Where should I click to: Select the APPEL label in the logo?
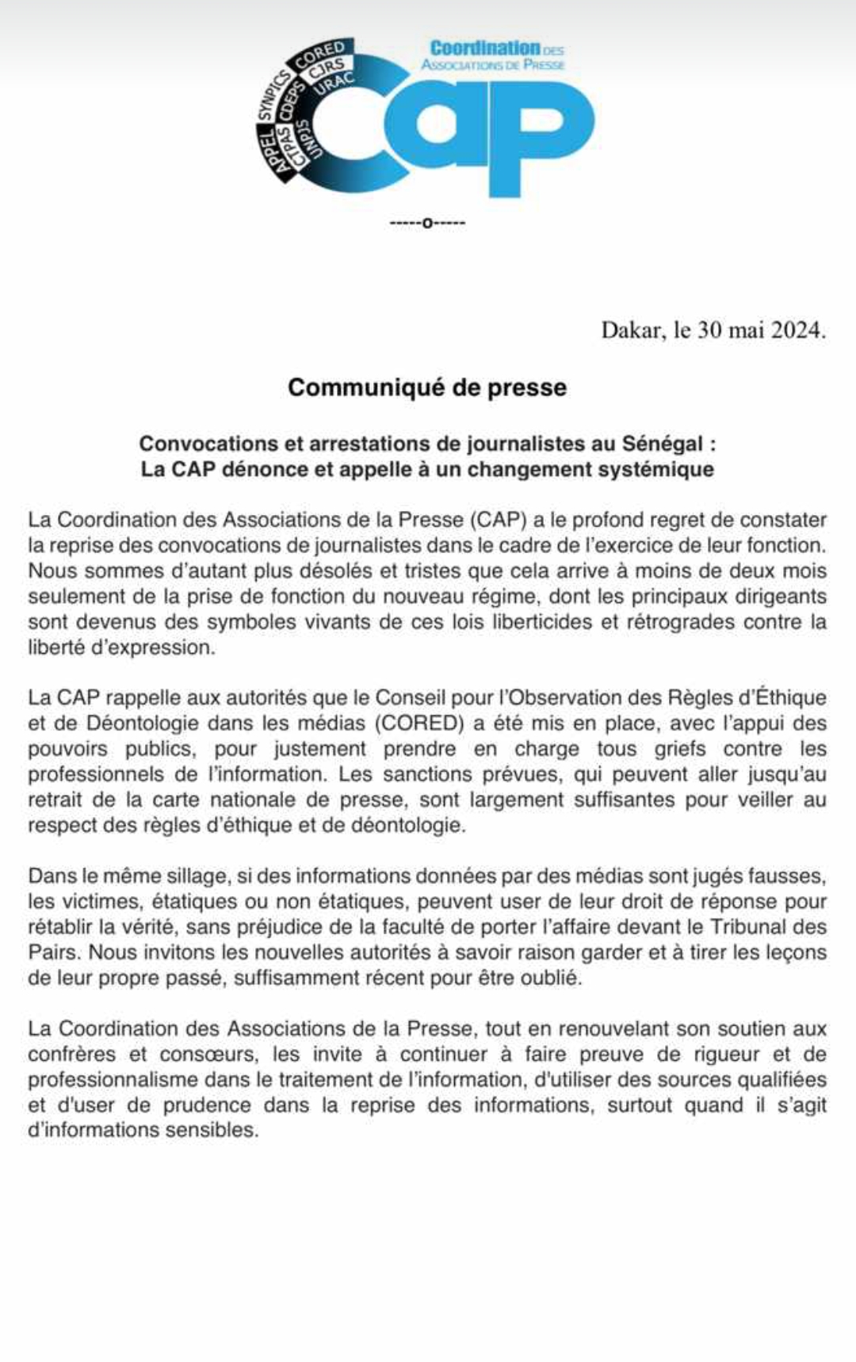pyautogui.click(x=280, y=155)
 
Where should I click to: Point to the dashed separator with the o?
pyautogui.click(x=427, y=223)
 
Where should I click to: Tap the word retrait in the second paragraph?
pyautogui.click(x=54, y=799)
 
